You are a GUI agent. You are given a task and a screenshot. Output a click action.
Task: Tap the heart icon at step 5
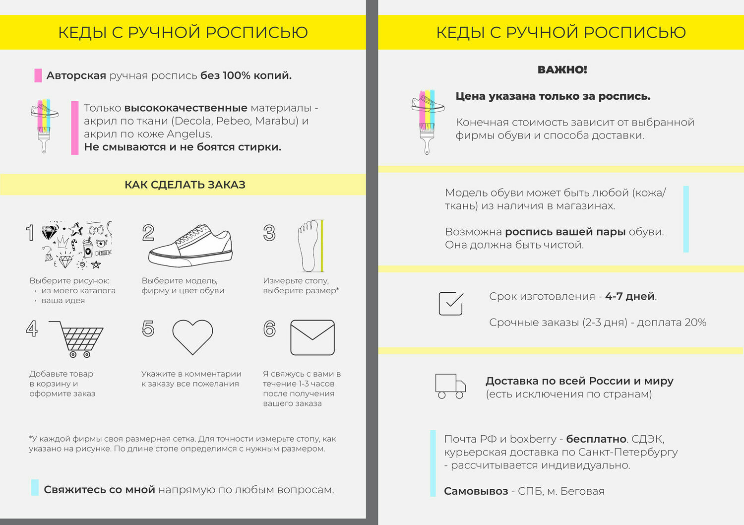192,336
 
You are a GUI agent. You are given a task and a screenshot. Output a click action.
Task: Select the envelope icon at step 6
312,337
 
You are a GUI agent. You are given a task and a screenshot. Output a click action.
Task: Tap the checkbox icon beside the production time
451,303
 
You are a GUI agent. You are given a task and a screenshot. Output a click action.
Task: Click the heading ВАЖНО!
562,70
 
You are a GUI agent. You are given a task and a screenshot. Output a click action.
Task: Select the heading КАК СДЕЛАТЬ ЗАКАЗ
185,185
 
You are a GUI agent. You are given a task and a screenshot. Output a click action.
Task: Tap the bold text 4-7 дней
630,296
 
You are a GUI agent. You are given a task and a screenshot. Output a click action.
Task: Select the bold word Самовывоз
476,491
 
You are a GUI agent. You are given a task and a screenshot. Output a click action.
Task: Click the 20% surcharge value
695,323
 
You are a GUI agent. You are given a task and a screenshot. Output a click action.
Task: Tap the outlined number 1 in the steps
30,233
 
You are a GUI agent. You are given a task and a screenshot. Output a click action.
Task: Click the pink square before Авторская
38,75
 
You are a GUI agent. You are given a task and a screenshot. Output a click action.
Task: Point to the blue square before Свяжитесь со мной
35,487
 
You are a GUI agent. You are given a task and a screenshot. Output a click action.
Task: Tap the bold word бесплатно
596,439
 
